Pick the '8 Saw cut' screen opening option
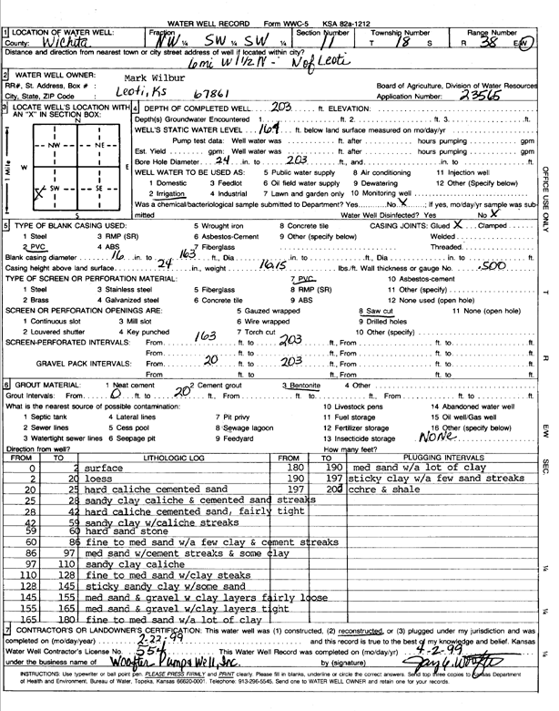pos(374,310)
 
